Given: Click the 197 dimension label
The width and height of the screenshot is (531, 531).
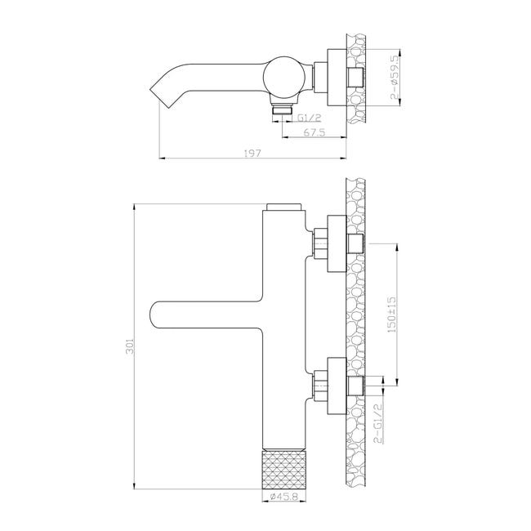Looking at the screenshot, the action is [252, 153].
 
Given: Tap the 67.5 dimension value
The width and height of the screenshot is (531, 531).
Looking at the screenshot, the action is [314, 132].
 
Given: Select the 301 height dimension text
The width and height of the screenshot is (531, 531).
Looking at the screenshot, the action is [130, 346].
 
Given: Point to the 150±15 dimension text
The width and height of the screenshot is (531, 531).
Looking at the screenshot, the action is [391, 315].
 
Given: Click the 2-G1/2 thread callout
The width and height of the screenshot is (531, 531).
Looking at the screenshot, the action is [378, 423].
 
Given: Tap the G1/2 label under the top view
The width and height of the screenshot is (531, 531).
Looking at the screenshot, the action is [309, 118].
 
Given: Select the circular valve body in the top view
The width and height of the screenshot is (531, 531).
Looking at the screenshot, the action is [284, 77].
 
